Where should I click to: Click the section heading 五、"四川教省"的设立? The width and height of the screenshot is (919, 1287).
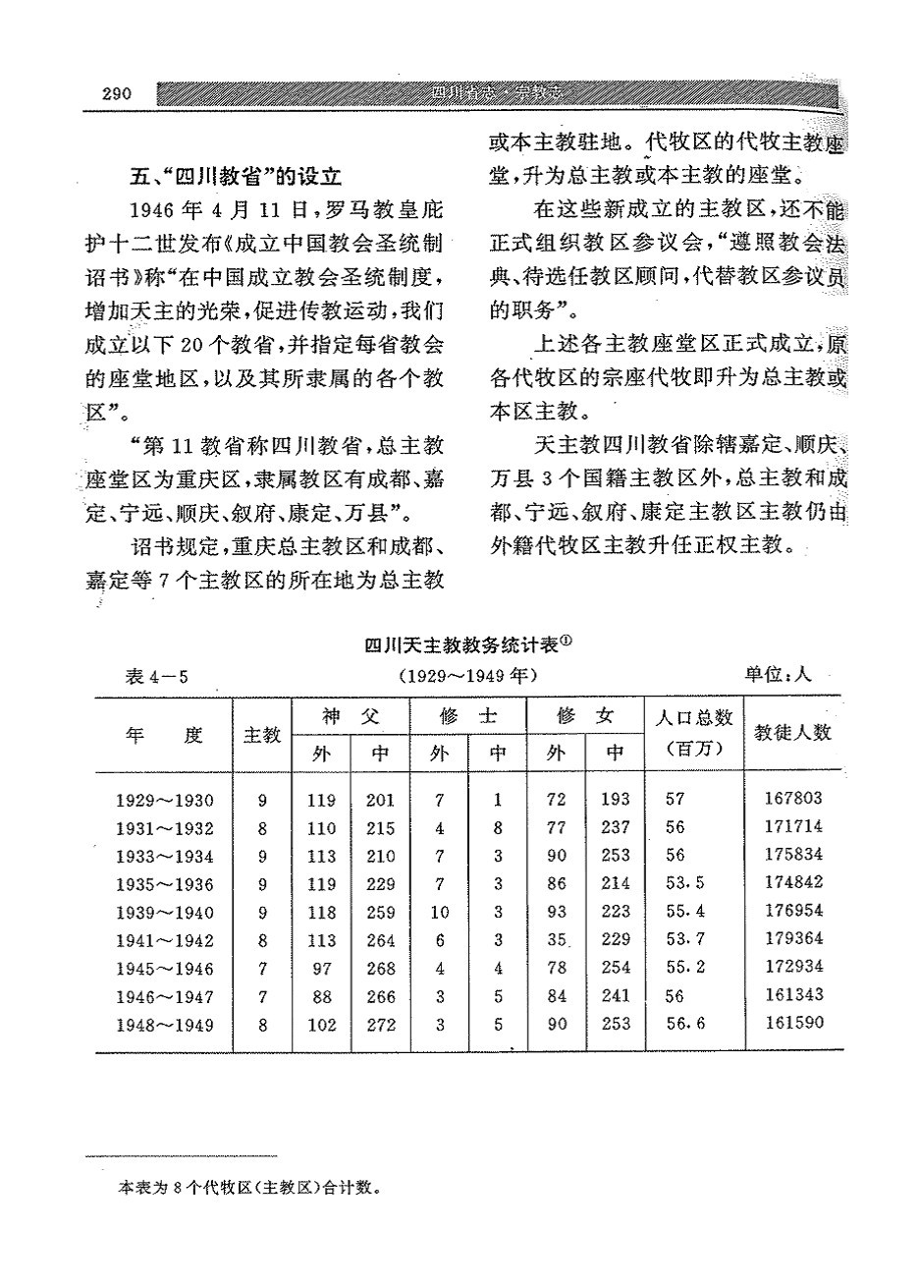(x=236, y=178)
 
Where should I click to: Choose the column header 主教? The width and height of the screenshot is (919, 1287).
(x=262, y=735)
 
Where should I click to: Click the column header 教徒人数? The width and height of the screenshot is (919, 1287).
(x=792, y=733)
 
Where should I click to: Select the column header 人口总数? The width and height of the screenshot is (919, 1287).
(x=693, y=718)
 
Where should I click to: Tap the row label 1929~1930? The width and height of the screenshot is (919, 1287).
(x=165, y=801)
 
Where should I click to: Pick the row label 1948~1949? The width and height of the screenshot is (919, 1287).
(x=165, y=1026)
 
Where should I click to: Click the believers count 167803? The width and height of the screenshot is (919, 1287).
(x=793, y=799)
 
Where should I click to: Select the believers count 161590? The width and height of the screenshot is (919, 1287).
(x=793, y=1024)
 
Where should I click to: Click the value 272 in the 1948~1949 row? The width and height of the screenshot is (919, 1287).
(x=380, y=1025)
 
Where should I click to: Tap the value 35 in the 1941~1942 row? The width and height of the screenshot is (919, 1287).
(x=558, y=940)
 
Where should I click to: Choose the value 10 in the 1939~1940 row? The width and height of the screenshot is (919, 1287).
(x=440, y=913)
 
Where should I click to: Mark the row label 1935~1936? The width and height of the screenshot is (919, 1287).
(x=165, y=885)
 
